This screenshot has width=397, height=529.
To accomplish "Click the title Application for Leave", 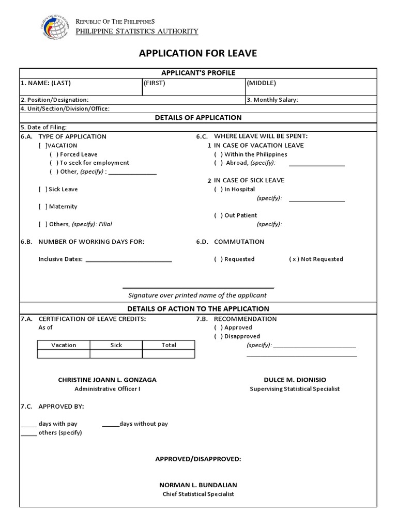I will pos(198,54).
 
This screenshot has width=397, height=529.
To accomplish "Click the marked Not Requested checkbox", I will pos(294,259).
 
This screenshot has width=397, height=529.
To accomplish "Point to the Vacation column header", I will pos(64,345).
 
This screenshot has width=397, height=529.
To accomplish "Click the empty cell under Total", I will pos(169,354).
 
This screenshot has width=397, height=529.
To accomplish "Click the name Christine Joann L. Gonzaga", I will pos(107,380).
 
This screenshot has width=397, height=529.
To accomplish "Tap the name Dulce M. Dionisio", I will pos(295,380).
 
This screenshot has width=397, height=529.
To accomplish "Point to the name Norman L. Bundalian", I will pos(198,485).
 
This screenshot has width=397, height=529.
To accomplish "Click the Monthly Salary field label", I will pos(272,100).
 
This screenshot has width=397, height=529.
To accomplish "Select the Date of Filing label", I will pos(43,127).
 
